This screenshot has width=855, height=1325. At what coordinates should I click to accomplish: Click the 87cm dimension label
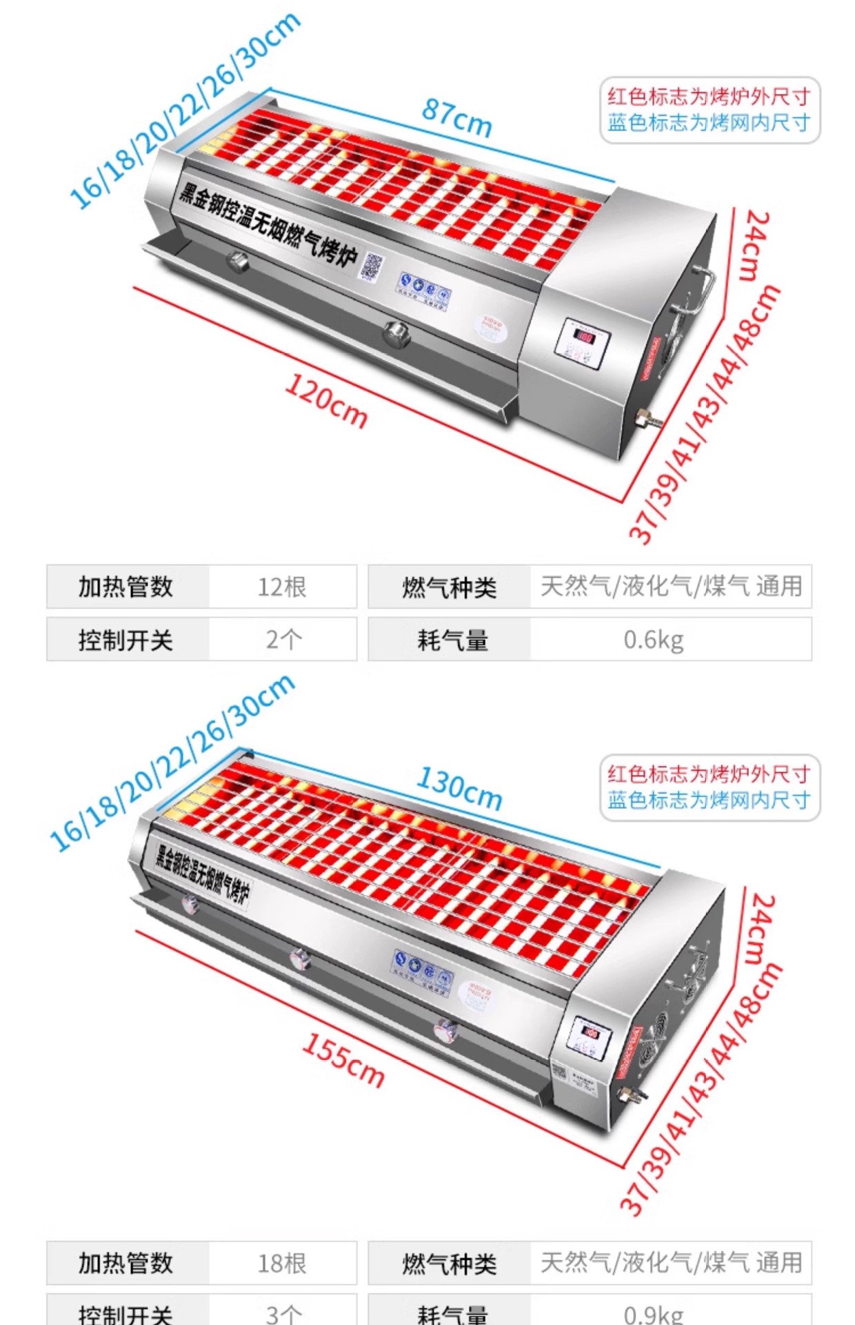pos(457,117)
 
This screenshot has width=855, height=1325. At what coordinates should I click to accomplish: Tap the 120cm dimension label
pos(326,401)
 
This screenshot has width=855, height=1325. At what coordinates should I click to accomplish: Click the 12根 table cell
pos(282,587)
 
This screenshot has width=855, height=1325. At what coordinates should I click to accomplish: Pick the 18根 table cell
pos(282,1264)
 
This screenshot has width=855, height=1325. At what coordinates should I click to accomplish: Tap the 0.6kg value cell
pos(654,640)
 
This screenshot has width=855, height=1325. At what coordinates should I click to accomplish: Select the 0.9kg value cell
pos(654,1313)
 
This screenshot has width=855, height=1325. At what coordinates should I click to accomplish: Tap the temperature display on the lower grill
pos(591,1032)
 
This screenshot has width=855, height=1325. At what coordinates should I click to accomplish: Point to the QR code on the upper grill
pos(372,266)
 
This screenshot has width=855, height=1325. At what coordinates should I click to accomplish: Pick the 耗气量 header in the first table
pos(452,640)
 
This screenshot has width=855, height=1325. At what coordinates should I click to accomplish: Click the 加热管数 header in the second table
pos(125,1264)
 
